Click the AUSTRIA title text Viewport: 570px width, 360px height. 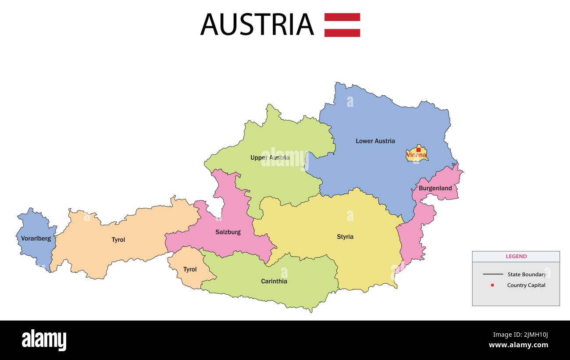click(257, 25)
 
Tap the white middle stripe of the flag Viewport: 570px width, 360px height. click(342, 25)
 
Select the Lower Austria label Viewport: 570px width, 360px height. click(375, 141)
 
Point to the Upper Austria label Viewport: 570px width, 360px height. click(270, 157)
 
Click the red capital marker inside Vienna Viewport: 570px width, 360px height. click(418, 150)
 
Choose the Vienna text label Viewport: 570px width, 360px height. click(416, 155)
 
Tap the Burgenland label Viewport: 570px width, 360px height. click(435, 188)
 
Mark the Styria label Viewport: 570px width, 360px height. click(345, 237)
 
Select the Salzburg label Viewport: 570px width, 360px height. click(228, 232)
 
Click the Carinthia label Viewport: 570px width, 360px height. click(274, 281)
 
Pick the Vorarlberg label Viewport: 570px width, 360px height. click(36, 239)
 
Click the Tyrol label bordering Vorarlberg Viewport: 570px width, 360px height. click(118, 240)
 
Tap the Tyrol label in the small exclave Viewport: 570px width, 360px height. click(190, 269)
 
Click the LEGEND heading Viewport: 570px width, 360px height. click(516, 257)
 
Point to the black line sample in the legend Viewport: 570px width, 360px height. click(493, 274)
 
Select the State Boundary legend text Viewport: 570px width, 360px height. click(527, 274)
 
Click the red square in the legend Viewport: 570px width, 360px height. click(492, 285)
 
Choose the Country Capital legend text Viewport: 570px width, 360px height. click(526, 285)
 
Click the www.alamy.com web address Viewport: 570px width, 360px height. click(518, 345)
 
